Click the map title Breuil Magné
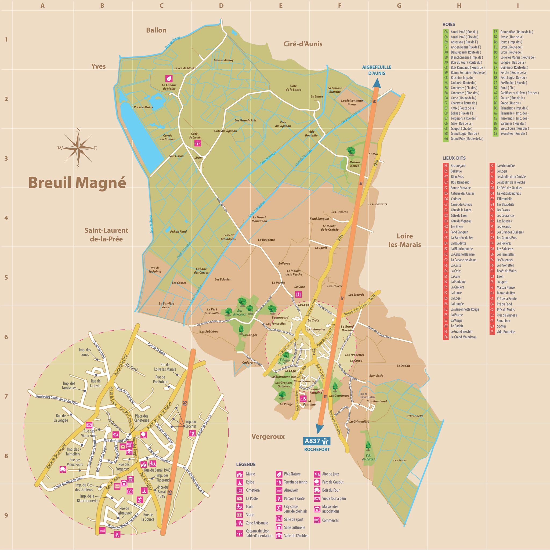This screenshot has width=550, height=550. pyautogui.click(x=77, y=183)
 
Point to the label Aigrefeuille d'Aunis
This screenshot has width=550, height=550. pyautogui.click(x=377, y=70)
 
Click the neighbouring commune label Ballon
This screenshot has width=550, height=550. pyautogui.click(x=156, y=30)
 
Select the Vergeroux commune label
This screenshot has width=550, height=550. pyautogui.click(x=268, y=436)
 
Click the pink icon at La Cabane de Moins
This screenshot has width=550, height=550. pyautogui.click(x=169, y=78)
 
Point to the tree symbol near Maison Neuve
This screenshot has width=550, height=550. pyautogui.click(x=351, y=151)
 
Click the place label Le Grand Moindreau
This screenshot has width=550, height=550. pyautogui.click(x=259, y=219)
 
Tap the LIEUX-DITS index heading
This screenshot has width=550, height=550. pyautogui.click(x=454, y=158)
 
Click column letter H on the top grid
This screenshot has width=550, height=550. pyautogui.click(x=459, y=5)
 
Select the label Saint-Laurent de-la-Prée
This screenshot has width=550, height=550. pyautogui.click(x=106, y=234)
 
